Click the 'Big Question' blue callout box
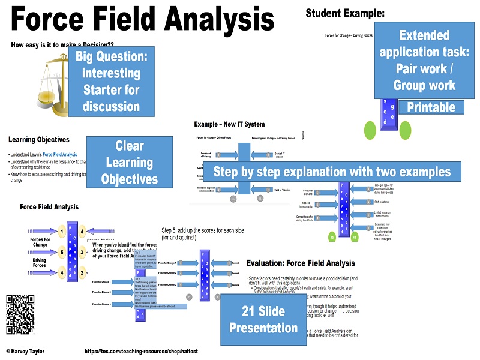[112, 81]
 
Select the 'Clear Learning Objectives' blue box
[130, 162]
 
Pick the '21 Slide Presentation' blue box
[263, 319]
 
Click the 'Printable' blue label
[431, 108]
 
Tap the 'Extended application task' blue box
[424, 60]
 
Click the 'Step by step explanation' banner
[332, 172]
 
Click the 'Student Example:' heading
[345, 13]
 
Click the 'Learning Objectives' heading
[39, 140]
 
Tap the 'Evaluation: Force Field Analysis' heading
[309, 263]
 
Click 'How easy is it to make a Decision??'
[62, 44]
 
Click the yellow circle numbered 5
[62, 252]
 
